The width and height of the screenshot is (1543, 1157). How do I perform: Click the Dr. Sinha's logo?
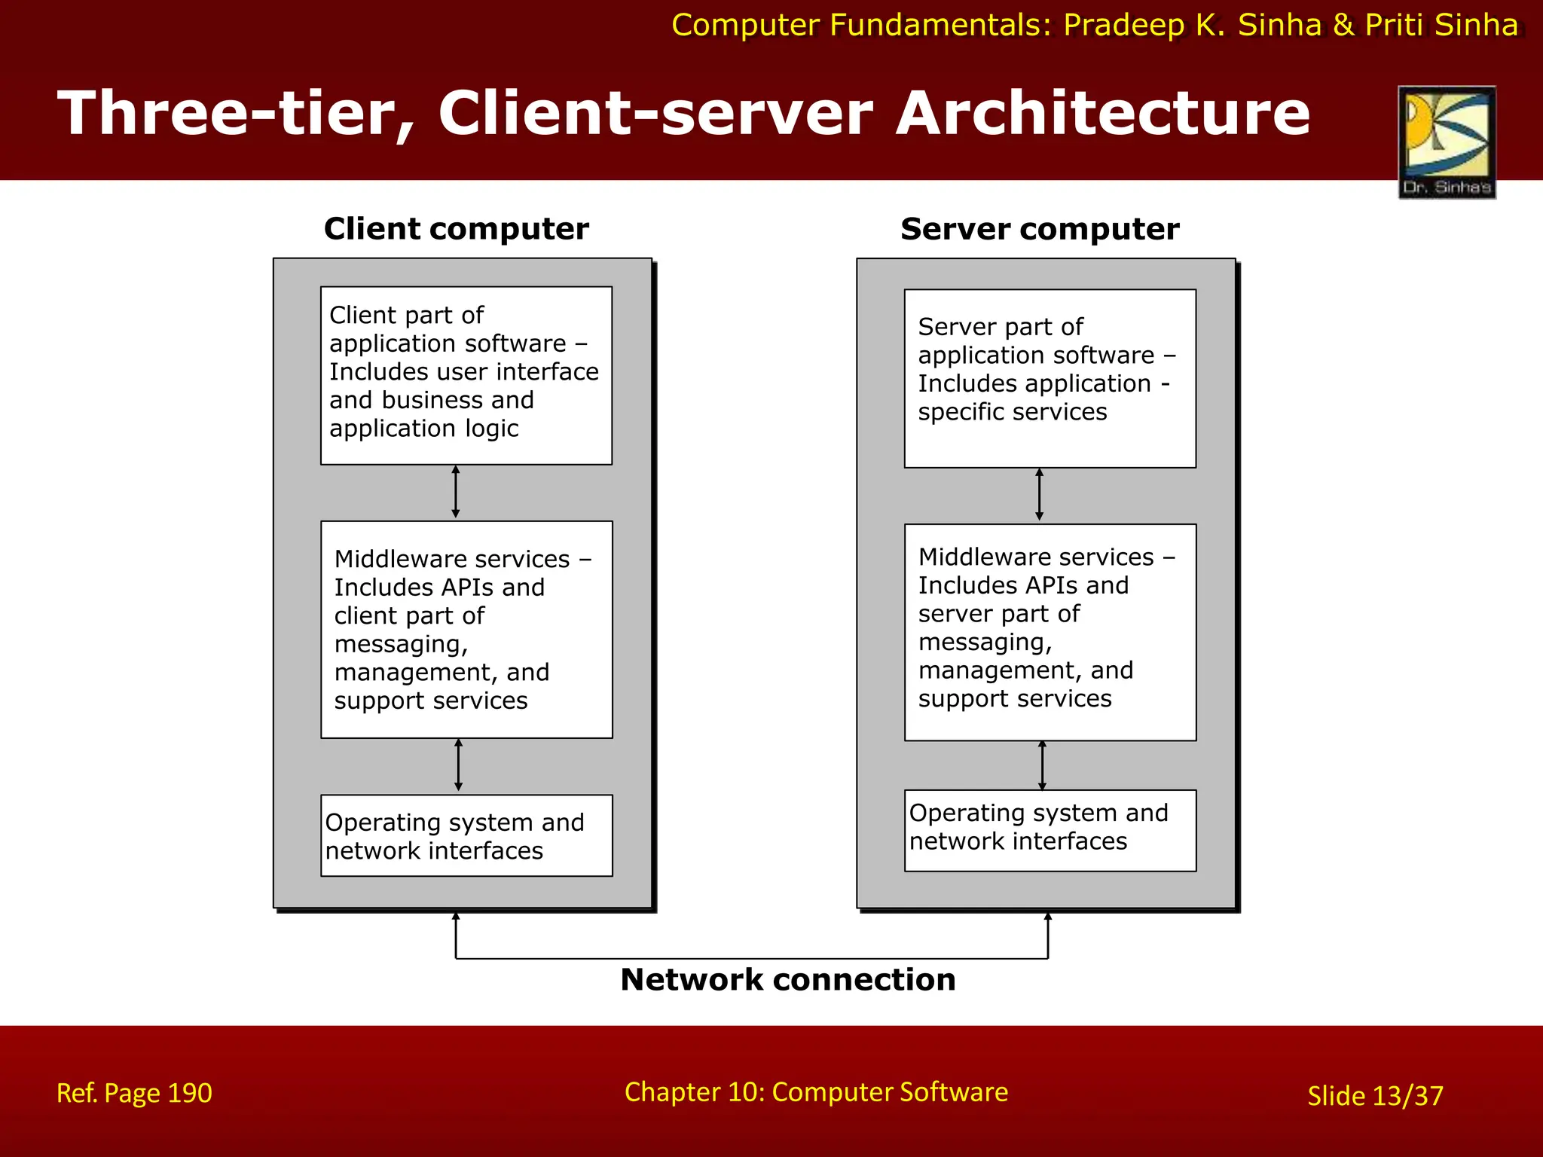pyautogui.click(x=1447, y=142)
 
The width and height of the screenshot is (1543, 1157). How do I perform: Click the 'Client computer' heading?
pyautogui.click(x=456, y=229)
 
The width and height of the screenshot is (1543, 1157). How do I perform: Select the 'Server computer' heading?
pyautogui.click(x=1040, y=229)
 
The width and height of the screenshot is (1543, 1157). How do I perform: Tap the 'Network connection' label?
pyautogui.click(x=788, y=979)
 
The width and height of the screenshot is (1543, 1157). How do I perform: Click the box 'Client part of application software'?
pyautogui.click(x=466, y=375)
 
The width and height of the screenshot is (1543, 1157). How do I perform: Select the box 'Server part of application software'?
pyautogui.click(x=1050, y=378)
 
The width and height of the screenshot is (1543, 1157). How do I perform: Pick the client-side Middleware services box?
pyautogui.click(x=466, y=629)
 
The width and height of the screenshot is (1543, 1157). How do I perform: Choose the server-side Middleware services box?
pyautogui.click(x=1050, y=632)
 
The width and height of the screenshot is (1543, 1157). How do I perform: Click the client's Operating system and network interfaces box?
pyautogui.click(x=466, y=835)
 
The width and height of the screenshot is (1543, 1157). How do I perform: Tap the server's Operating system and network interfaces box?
pyautogui.click(x=1050, y=830)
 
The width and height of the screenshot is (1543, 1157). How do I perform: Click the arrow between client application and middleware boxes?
pyautogui.click(x=455, y=492)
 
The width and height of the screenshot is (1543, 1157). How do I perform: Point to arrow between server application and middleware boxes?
pyautogui.click(x=1039, y=495)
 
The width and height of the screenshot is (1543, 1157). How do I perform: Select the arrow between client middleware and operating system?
pyautogui.click(x=458, y=765)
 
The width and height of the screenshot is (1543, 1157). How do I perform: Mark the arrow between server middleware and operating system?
pyautogui.click(x=1042, y=765)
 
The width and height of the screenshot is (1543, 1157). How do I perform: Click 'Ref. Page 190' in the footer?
pyautogui.click(x=134, y=1093)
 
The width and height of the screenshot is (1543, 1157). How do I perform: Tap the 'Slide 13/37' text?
pyautogui.click(x=1375, y=1096)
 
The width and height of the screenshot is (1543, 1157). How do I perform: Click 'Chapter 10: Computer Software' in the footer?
pyautogui.click(x=816, y=1092)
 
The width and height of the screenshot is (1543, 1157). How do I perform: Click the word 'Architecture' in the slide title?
pyautogui.click(x=1102, y=113)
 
